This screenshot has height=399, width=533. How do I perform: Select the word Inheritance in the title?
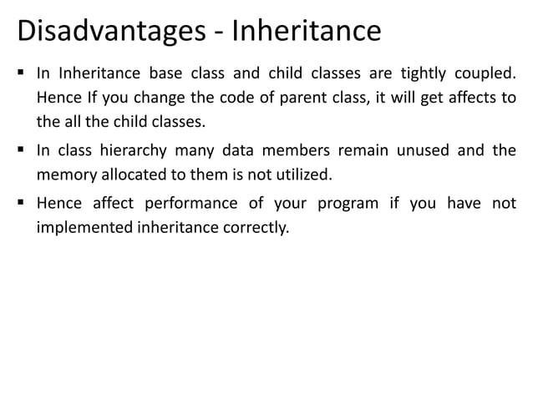[x=306, y=33]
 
